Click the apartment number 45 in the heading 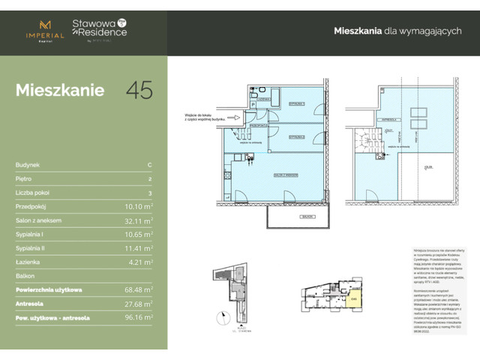[x=139, y=90]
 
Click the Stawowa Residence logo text [x=99, y=28]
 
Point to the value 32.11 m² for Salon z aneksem [x=139, y=220]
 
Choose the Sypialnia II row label [x=32, y=247]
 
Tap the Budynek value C [x=150, y=165]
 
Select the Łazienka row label [x=28, y=261]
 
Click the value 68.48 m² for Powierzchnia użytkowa [x=139, y=289]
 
